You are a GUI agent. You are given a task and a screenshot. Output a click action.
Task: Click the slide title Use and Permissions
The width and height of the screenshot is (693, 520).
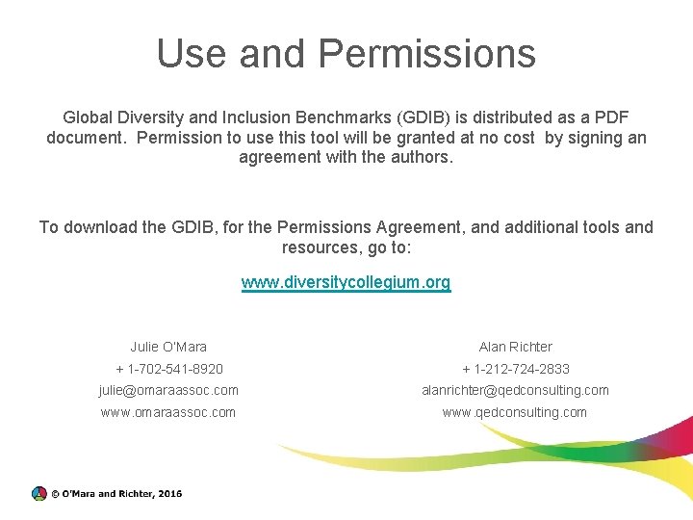pyautogui.click(x=346, y=53)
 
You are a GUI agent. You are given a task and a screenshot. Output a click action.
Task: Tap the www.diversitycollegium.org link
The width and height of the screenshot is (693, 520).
pyautogui.click(x=346, y=282)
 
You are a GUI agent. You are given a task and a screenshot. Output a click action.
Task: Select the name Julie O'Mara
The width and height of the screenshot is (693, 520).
pyautogui.click(x=168, y=347)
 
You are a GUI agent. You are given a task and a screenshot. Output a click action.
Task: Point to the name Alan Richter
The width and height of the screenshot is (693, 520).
pyautogui.click(x=516, y=347)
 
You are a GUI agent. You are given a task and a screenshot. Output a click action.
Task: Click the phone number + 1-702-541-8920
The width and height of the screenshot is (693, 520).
pyautogui.click(x=169, y=369)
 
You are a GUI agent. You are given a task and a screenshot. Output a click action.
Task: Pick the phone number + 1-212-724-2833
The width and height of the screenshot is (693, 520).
pyautogui.click(x=516, y=369)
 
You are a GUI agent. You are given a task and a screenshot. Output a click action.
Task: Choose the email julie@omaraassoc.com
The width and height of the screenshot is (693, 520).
pyautogui.click(x=168, y=390)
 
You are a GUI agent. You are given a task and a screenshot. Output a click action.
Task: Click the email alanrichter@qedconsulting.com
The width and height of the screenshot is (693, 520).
pyautogui.click(x=516, y=390)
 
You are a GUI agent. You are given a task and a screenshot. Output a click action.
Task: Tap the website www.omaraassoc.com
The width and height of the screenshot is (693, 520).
pyautogui.click(x=168, y=412)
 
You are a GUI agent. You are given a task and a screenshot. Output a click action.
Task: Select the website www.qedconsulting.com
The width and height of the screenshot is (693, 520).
pyautogui.click(x=514, y=412)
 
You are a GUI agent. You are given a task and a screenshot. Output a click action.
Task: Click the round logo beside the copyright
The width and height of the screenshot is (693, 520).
pyautogui.click(x=38, y=493)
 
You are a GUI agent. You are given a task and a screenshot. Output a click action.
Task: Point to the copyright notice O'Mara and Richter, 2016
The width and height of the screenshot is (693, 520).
pyautogui.click(x=116, y=494)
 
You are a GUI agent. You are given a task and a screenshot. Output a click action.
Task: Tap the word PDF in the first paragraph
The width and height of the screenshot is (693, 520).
pyautogui.click(x=611, y=117)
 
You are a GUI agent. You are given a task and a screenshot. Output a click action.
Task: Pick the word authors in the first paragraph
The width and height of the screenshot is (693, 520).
pyautogui.click(x=421, y=156)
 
